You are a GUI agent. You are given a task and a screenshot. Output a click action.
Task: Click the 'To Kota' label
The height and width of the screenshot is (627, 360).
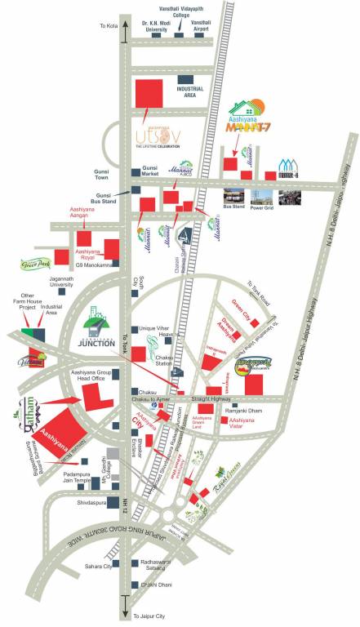(109, 26)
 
